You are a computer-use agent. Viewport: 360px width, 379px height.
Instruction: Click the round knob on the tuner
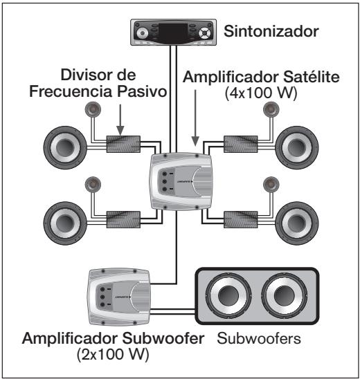point(143,32)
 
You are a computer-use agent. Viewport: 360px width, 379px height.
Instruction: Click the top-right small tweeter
point(271,110)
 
